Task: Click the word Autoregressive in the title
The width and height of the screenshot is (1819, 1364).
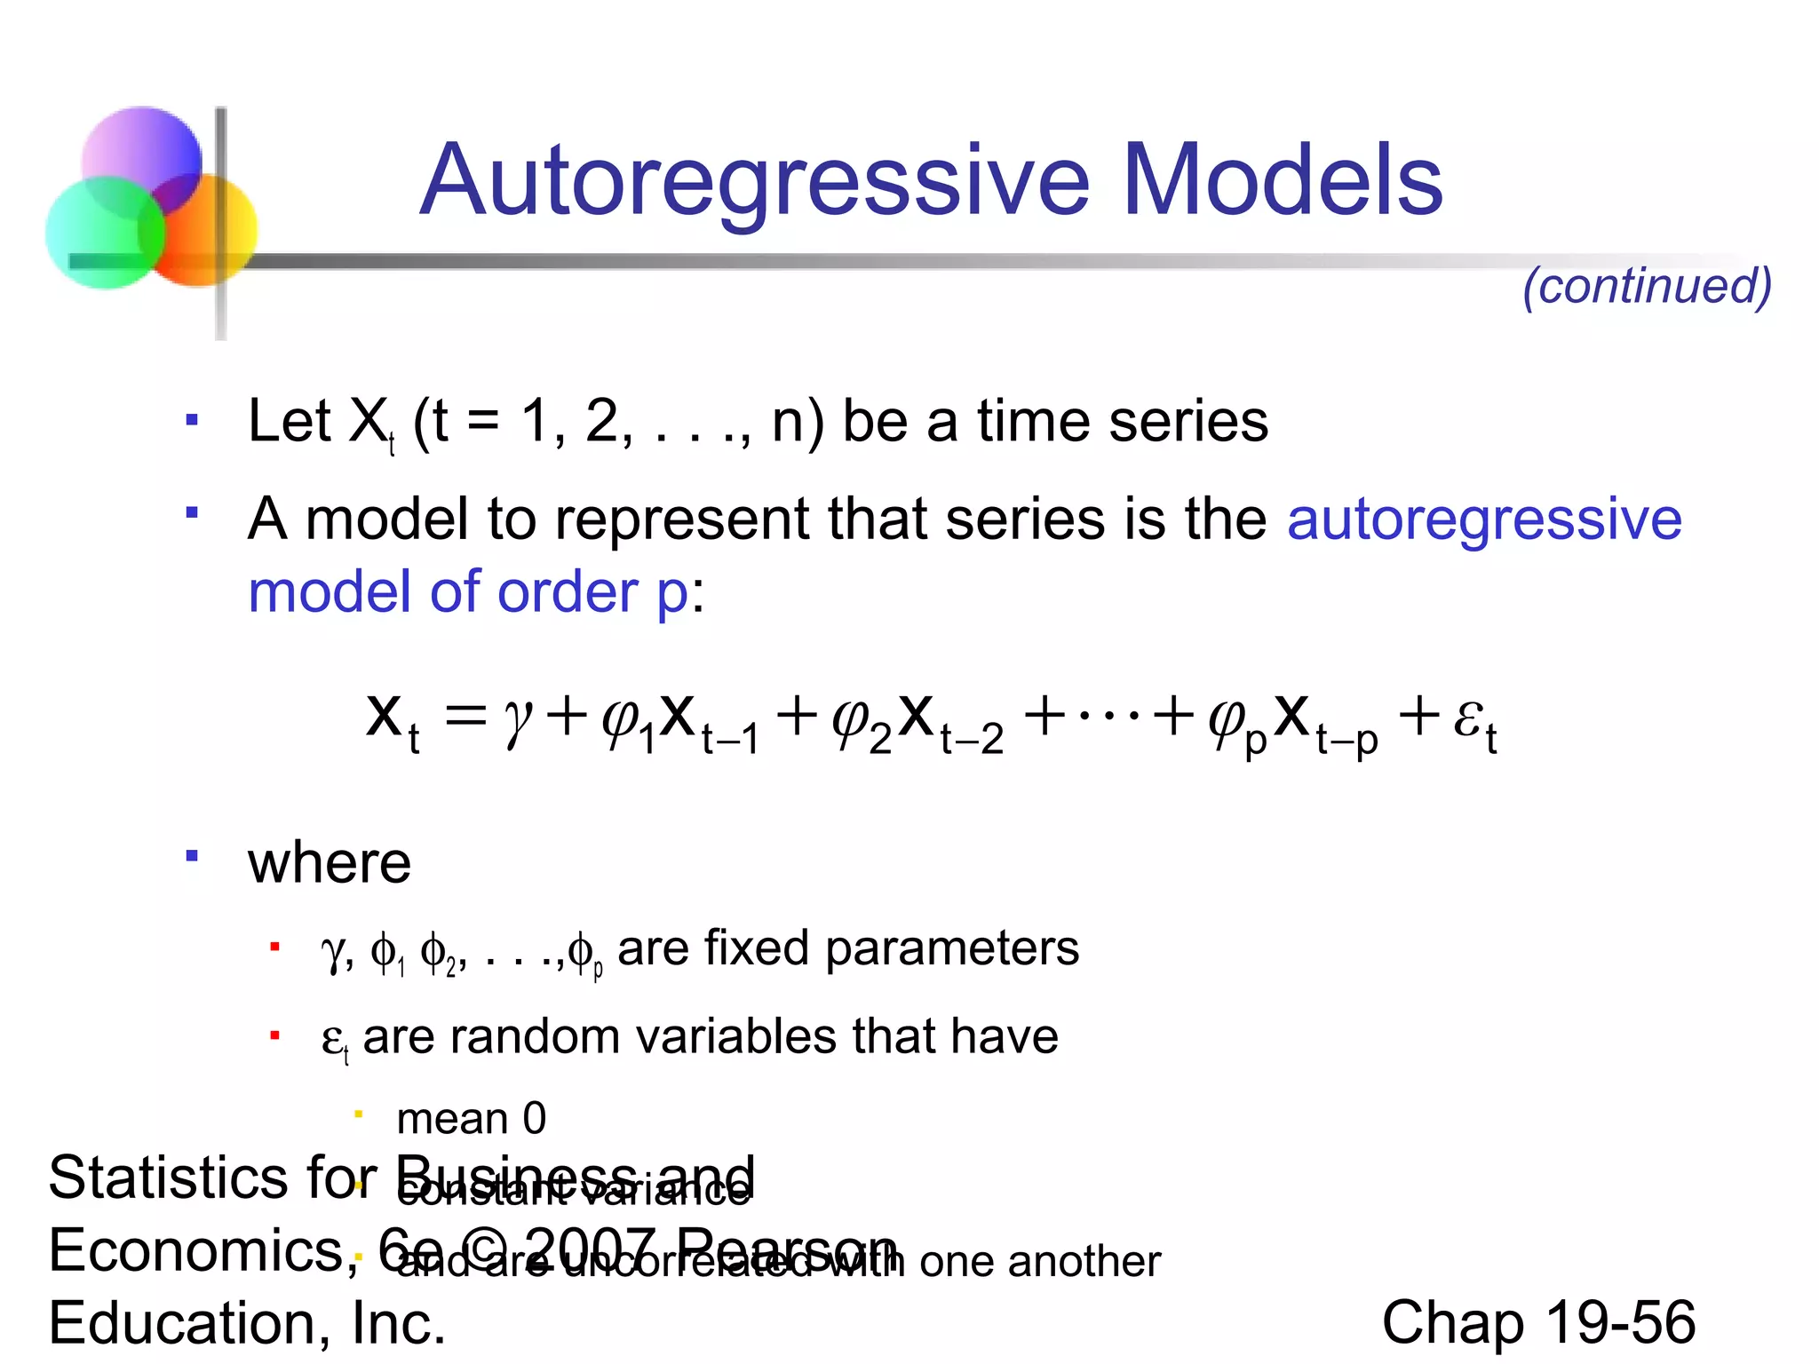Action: tap(754, 182)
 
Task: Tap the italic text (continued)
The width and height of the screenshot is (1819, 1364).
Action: tap(1647, 286)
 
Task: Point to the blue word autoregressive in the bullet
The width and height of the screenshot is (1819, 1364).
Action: tap(1484, 519)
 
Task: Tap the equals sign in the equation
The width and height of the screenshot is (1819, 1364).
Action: tap(465, 715)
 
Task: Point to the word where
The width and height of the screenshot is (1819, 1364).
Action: tap(330, 863)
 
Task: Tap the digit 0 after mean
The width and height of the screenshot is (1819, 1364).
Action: tap(534, 1119)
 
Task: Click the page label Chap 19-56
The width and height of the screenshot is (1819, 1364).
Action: tap(1538, 1322)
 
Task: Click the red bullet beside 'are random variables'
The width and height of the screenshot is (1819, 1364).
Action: tap(275, 1035)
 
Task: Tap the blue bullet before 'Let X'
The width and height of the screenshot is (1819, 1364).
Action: tap(191, 419)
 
